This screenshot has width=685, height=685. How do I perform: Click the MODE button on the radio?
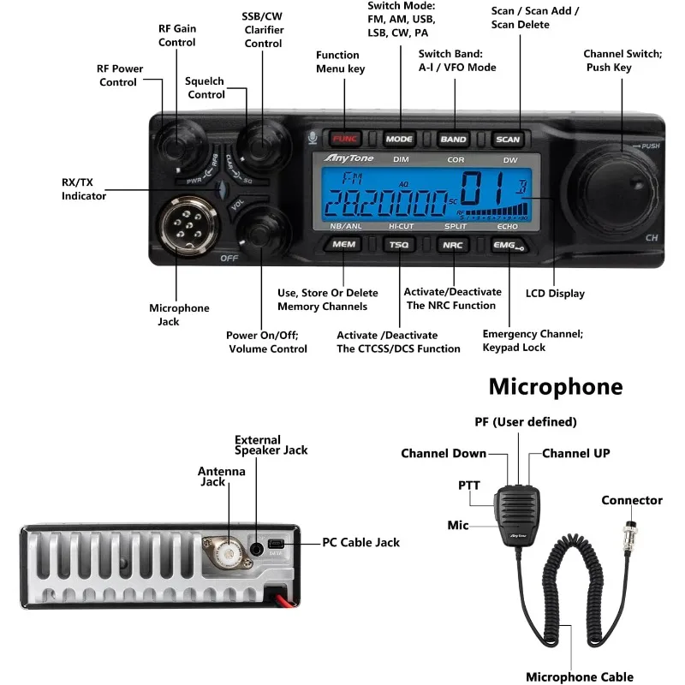(399, 139)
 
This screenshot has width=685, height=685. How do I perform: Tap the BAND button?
(453, 139)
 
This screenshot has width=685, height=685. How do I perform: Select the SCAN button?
(508, 139)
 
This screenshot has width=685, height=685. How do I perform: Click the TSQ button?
(399, 245)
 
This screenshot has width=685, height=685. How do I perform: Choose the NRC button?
(452, 245)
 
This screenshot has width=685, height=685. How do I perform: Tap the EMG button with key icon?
(508, 245)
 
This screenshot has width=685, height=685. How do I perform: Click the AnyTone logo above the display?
(346, 158)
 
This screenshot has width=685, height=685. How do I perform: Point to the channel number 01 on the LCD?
(486, 188)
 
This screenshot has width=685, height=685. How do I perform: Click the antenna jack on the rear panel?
(225, 550)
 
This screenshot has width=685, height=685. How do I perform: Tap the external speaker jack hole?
(257, 548)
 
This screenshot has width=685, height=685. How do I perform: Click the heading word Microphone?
(556, 386)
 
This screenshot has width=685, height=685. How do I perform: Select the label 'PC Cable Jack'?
(360, 542)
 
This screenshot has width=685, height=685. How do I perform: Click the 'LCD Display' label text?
(555, 294)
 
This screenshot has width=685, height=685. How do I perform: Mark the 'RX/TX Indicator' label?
(84, 188)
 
